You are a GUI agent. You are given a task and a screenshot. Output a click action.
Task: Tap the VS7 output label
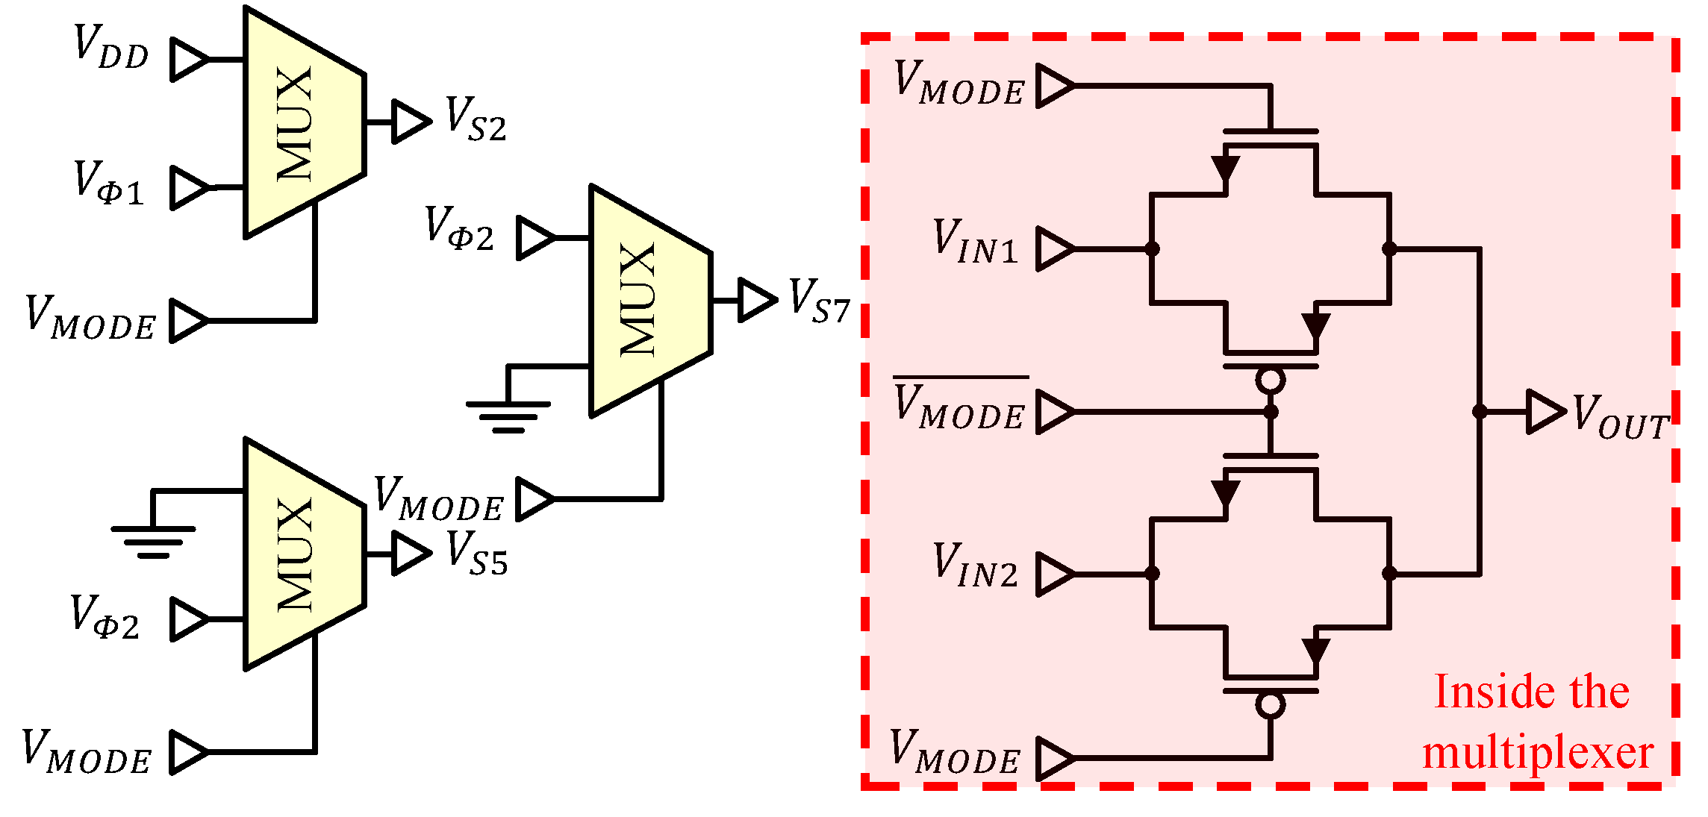tap(819, 301)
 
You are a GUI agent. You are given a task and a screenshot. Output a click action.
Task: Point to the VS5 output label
tap(477, 554)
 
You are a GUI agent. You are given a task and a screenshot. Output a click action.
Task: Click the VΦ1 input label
tap(108, 184)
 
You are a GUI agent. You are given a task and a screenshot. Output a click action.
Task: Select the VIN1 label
tap(975, 242)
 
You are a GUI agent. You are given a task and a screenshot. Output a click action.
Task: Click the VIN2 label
tap(975, 566)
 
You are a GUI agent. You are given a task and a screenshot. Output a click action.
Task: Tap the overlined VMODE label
tap(960, 407)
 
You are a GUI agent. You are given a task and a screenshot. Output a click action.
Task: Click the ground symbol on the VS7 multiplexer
tap(508, 415)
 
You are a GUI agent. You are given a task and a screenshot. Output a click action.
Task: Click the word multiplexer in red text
tap(1538, 753)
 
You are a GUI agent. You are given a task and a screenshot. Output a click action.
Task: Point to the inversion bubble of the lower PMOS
tap(1270, 705)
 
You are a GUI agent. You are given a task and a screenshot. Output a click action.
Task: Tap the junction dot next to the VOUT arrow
tap(1479, 412)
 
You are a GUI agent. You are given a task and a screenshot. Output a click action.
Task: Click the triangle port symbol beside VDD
tap(189, 59)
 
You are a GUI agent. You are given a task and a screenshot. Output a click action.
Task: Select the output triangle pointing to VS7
tap(756, 301)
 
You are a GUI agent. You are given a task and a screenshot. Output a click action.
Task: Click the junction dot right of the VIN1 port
tap(1152, 248)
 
